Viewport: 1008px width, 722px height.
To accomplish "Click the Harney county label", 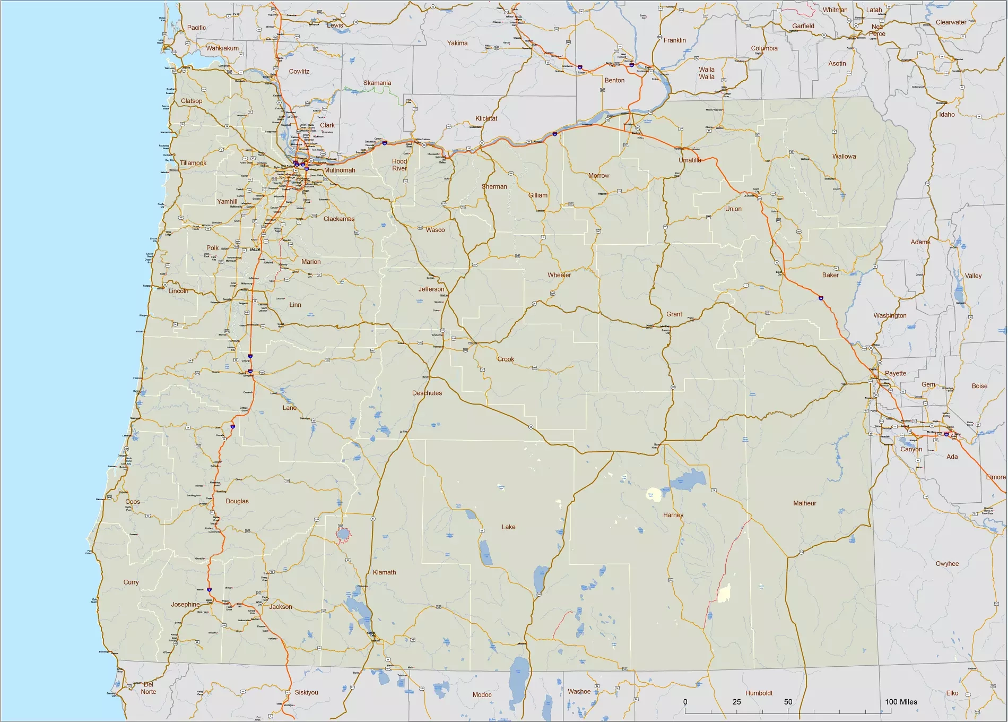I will pyautogui.click(x=673, y=515).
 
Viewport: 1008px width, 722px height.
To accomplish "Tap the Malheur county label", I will pyautogui.click(x=804, y=503).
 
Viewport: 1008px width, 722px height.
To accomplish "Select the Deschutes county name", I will pyautogui.click(x=427, y=393).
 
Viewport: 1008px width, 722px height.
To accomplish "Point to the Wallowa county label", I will pyautogui.click(x=844, y=157).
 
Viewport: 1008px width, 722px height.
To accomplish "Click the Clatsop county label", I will pyautogui.click(x=192, y=101).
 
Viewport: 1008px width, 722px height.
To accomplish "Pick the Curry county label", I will pyautogui.click(x=131, y=582).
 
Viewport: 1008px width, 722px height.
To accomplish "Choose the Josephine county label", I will pyautogui.click(x=185, y=605).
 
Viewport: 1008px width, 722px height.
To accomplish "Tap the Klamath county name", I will pyautogui.click(x=384, y=572).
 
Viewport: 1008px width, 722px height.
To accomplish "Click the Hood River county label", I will pyautogui.click(x=399, y=165).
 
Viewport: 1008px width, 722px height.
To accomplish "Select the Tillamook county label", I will pyautogui.click(x=193, y=163).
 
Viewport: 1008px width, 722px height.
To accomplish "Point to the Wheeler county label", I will pyautogui.click(x=559, y=275).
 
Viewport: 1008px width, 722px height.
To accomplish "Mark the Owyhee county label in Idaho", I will pyautogui.click(x=947, y=564).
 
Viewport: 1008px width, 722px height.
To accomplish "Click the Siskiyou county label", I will pyautogui.click(x=306, y=692).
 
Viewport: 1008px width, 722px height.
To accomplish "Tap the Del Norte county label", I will pyautogui.click(x=149, y=688).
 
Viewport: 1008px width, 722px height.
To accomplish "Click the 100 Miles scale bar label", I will pyautogui.click(x=901, y=702).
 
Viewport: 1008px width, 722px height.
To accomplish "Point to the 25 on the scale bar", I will pyautogui.click(x=736, y=702).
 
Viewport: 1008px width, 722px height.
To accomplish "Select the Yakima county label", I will pyautogui.click(x=457, y=43).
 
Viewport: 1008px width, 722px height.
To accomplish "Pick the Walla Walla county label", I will pyautogui.click(x=706, y=73).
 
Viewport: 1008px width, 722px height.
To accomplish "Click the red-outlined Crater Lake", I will pyautogui.click(x=343, y=534).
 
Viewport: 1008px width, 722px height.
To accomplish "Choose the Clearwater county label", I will pyautogui.click(x=951, y=22).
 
